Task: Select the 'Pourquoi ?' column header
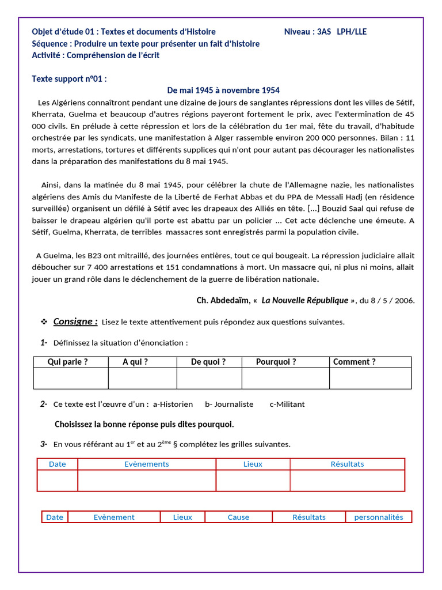pyautogui.click(x=276, y=362)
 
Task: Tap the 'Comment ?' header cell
pyautogui.click(x=354, y=362)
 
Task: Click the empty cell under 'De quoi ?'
pyautogui.click(x=209, y=379)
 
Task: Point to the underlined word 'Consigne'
pyautogui.click(x=75, y=322)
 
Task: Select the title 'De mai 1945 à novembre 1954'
pyautogui.click(x=223, y=90)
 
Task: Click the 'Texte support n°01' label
pyautogui.click(x=69, y=78)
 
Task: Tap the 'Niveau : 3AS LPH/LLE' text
pyautogui.click(x=325, y=32)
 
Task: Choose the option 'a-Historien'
pyautogui.click(x=173, y=404)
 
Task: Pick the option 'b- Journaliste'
pyautogui.click(x=229, y=404)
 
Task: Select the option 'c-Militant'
pyautogui.click(x=287, y=404)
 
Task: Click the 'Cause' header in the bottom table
pyautogui.click(x=238, y=517)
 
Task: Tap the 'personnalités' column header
pyautogui.click(x=378, y=517)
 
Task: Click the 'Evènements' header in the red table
pyautogui.click(x=147, y=464)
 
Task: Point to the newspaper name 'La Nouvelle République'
pyautogui.click(x=305, y=301)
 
